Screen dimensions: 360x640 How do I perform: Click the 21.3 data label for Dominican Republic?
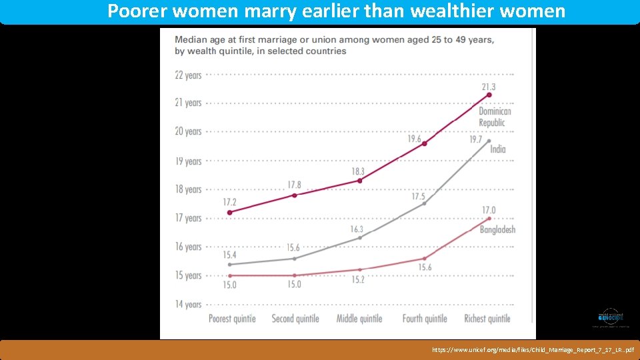coord(489,87)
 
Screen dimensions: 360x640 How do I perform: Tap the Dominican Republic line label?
coord(495,117)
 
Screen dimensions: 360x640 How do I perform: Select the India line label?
coord(497,149)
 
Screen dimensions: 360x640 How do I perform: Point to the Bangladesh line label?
coord(497,229)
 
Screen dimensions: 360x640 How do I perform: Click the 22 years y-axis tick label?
coord(188,75)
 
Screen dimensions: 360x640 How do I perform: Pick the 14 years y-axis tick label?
coord(188,304)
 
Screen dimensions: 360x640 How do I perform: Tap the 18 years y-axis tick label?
coord(188,189)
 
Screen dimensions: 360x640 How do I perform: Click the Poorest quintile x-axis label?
coord(232,319)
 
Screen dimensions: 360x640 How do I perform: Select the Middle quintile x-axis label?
coord(359,319)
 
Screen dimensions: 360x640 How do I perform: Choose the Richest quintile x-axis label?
coord(487,319)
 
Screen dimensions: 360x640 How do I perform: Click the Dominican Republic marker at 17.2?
coord(230,213)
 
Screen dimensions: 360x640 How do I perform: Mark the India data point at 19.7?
coord(489,141)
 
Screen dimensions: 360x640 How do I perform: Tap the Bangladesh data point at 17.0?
coord(489,219)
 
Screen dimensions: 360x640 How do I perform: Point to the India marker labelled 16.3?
coord(360,237)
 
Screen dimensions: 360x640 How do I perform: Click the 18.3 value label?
coord(358,171)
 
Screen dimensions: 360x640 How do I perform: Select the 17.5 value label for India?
coord(418,196)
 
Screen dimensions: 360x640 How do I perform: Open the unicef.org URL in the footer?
coord(533,349)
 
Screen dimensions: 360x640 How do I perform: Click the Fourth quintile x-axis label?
coord(425,319)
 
